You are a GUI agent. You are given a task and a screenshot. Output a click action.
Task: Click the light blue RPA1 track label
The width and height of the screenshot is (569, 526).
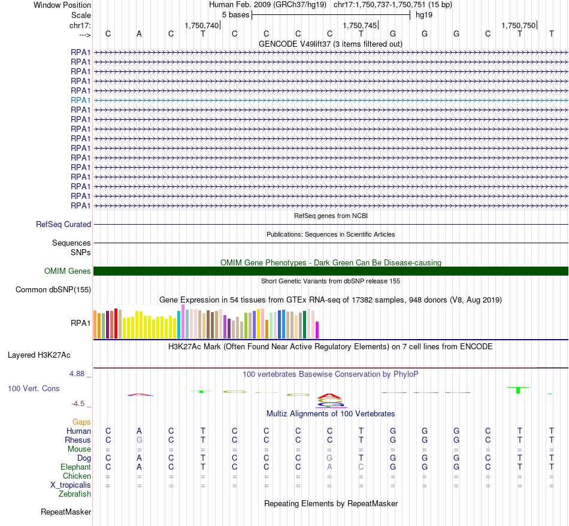pyautogui.click(x=80, y=100)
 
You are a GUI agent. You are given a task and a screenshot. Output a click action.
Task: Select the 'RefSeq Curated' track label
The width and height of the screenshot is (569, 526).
pyautogui.click(x=63, y=225)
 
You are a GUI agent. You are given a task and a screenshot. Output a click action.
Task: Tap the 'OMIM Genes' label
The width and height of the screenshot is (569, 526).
pyautogui.click(x=68, y=271)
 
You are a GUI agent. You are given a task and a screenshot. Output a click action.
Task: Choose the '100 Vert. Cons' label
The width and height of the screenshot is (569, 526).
pyautogui.click(x=34, y=389)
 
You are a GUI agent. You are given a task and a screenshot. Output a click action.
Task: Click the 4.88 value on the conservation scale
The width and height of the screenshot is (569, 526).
pyautogui.click(x=80, y=374)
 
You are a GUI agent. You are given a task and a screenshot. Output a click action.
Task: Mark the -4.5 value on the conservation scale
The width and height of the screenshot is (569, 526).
pyautogui.click(x=81, y=404)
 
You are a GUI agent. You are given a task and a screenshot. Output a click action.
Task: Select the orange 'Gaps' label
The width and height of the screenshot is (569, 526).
pyautogui.click(x=81, y=422)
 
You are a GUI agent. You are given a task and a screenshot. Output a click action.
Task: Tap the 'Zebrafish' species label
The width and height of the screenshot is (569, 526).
pyautogui.click(x=75, y=494)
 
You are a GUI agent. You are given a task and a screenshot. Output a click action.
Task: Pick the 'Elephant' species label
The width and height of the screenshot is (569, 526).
pyautogui.click(x=75, y=467)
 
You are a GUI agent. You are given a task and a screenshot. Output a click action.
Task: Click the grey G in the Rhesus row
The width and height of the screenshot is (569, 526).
pyautogui.click(x=140, y=440)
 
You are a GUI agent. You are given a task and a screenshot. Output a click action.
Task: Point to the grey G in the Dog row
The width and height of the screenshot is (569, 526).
pyautogui.click(x=329, y=458)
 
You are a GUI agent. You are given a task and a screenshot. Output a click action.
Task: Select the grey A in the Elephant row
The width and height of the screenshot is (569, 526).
pyautogui.click(x=329, y=467)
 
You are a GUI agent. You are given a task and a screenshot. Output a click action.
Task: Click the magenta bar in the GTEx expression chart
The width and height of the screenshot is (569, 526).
pyautogui.click(x=317, y=330)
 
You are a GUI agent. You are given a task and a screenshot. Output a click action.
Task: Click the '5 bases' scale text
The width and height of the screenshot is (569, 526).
pyautogui.click(x=235, y=14)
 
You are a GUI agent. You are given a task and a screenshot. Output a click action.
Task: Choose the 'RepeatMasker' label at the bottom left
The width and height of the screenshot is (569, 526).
pyautogui.click(x=66, y=512)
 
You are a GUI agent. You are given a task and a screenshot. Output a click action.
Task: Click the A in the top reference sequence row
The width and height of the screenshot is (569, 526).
pyautogui.click(x=140, y=34)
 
